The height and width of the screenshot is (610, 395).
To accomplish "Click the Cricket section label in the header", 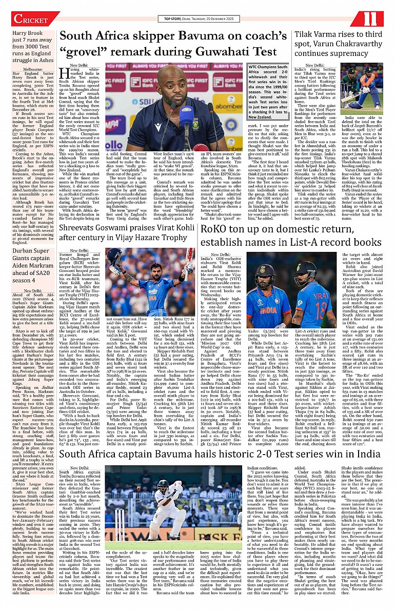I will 30,19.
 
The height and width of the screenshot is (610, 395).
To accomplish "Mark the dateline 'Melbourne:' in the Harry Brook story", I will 33,69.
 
